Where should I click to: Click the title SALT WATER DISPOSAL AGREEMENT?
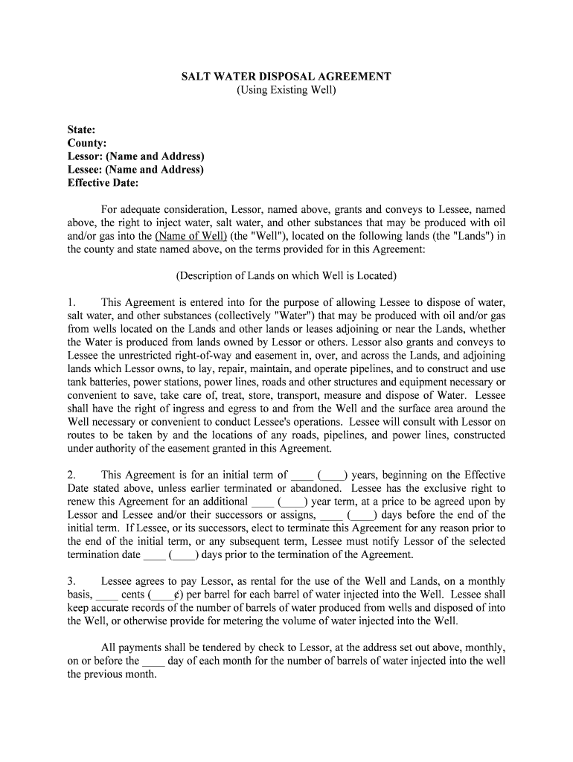pos(286,77)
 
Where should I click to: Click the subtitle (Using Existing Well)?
pos(286,90)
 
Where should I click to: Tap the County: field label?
pos(87,143)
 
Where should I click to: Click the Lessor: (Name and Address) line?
pos(135,156)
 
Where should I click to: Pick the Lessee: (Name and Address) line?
pos(135,170)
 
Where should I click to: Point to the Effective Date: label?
pos(103,183)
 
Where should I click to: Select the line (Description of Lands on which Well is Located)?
pos(286,276)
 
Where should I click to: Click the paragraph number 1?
pos(71,303)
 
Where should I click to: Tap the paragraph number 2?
pos(71,475)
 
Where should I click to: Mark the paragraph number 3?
pos(71,581)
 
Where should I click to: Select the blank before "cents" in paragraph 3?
pos(107,595)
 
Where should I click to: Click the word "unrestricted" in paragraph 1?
pos(134,356)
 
